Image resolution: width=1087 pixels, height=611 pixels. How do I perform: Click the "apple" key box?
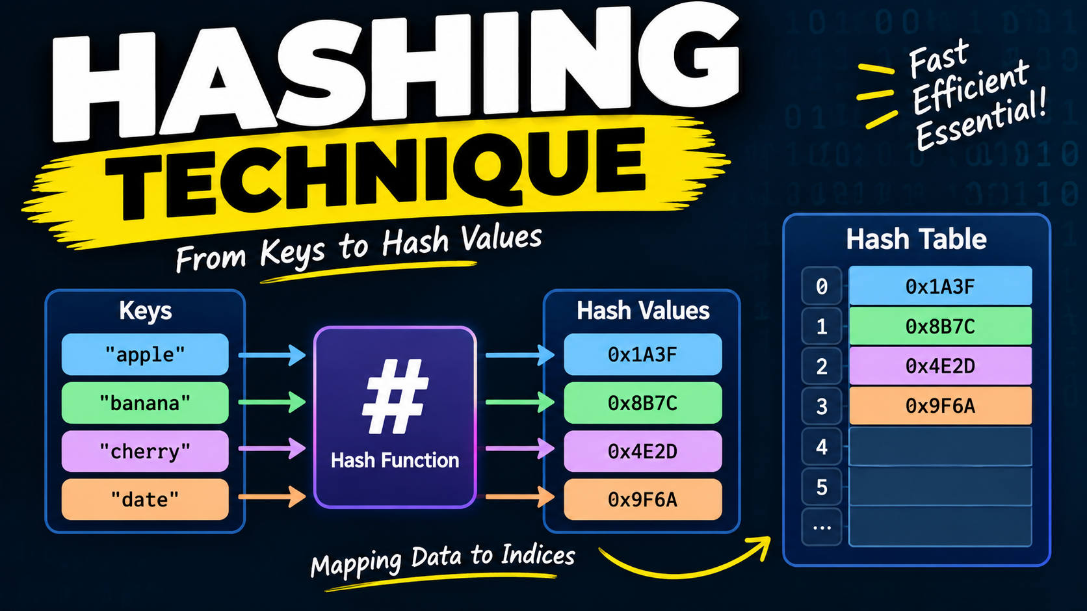(145, 354)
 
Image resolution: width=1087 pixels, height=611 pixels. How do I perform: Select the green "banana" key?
(145, 403)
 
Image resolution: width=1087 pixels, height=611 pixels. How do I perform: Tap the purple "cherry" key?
(145, 451)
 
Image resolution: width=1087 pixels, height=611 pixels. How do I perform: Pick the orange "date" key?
(145, 499)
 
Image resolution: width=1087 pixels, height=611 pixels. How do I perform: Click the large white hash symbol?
(395, 396)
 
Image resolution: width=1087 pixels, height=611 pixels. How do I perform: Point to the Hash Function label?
(395, 460)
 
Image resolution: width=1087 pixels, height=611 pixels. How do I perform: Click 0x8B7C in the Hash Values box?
(642, 403)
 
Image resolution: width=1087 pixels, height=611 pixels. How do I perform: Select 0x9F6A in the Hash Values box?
(642, 499)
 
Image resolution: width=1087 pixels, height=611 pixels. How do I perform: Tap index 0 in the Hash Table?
(822, 287)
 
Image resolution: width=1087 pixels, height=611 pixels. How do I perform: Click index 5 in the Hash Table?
(822, 487)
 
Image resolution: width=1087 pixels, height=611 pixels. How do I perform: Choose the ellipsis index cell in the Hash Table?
(822, 526)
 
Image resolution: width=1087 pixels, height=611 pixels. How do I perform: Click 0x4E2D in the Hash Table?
(940, 366)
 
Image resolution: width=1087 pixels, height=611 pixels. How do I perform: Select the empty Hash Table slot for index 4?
(940, 447)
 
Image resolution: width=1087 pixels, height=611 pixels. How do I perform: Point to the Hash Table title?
(916, 239)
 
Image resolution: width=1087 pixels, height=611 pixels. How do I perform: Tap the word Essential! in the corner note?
(980, 120)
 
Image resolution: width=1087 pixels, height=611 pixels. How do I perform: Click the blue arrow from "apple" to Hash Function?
(272, 356)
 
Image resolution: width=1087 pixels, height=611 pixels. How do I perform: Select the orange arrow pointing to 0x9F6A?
(520, 497)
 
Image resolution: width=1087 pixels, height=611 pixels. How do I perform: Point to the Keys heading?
(146, 311)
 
